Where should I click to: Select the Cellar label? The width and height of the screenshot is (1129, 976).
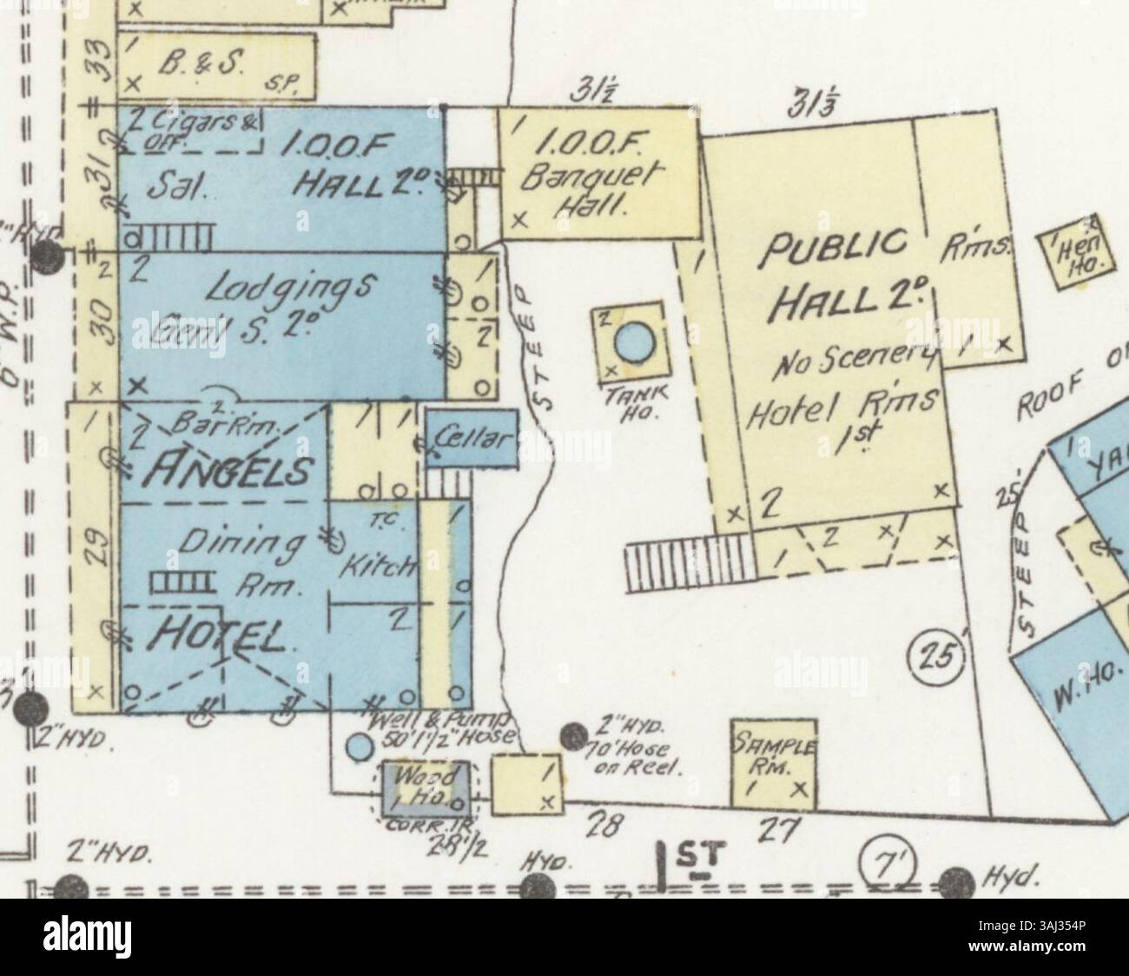click(472, 440)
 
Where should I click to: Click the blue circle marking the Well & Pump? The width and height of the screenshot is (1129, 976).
click(356, 746)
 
